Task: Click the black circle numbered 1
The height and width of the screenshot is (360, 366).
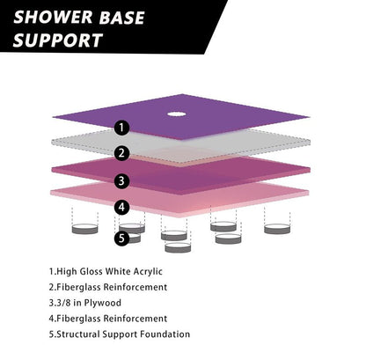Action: [x=122, y=128]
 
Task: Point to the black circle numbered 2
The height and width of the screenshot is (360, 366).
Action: [x=122, y=152]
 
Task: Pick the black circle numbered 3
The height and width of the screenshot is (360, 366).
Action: [x=122, y=181]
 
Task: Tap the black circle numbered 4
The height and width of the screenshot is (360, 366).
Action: [x=122, y=208]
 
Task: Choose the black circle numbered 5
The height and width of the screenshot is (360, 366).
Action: [x=122, y=236]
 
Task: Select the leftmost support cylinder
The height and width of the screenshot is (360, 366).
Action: [x=84, y=228]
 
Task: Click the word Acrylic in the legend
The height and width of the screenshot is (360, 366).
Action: [x=174, y=271]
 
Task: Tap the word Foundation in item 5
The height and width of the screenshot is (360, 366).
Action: [x=164, y=334]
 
